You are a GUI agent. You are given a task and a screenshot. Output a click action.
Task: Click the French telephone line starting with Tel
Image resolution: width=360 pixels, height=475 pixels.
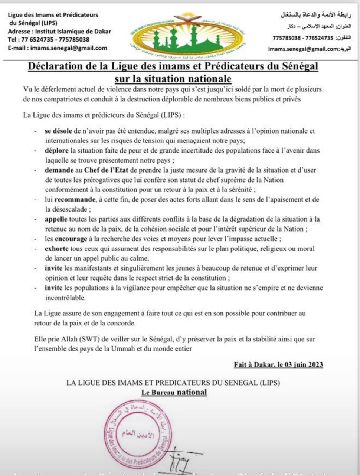pyautogui.click(x=49, y=40)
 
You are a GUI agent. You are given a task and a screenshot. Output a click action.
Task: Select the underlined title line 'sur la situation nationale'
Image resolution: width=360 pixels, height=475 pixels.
pyautogui.click(x=173, y=79)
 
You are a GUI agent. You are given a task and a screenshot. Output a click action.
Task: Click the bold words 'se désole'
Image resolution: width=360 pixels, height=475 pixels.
pyautogui.click(x=59, y=131)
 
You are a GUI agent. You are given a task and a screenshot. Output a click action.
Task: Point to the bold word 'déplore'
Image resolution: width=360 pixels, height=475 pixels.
pyautogui.click(x=56, y=151)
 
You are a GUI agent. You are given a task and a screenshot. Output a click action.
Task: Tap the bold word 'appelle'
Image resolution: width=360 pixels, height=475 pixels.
pyautogui.click(x=56, y=219)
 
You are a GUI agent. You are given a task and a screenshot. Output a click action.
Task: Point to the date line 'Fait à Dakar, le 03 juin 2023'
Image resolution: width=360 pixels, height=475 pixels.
pyautogui.click(x=278, y=365)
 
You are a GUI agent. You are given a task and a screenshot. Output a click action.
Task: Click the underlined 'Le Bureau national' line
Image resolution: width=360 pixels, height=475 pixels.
pyautogui.click(x=174, y=392)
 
